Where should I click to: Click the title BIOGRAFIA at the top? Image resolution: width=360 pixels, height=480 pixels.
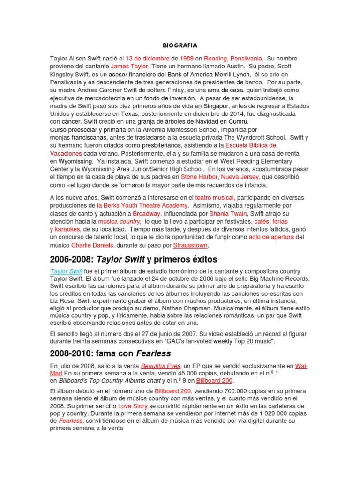(180, 45)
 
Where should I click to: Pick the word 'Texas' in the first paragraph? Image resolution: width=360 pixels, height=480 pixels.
(130, 113)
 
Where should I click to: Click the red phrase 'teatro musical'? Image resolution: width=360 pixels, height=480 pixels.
(215, 198)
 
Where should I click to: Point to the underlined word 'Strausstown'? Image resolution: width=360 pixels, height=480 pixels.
(190, 245)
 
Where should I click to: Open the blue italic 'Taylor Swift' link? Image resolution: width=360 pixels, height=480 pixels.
(66, 271)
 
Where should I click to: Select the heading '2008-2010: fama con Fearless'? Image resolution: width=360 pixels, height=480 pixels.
(110, 353)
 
